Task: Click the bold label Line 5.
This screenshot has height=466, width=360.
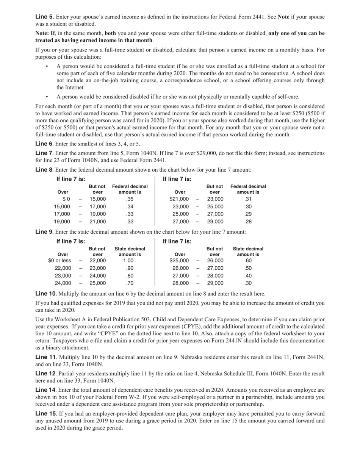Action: tap(44, 17)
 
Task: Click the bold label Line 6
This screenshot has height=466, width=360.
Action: tap(44, 144)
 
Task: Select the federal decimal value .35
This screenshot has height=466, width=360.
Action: tap(130, 199)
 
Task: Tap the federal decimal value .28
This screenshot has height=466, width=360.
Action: tap(248, 222)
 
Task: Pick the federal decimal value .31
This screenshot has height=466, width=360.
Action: tap(248, 199)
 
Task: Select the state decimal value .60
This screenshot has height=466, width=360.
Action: tap(248, 261)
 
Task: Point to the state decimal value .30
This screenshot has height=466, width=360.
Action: tap(248, 283)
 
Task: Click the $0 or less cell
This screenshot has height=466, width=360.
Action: tap(59, 261)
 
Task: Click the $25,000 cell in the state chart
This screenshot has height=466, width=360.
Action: tap(179, 261)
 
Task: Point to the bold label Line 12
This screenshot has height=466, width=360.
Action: tap(45, 374)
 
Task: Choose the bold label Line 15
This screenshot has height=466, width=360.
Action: tap(45, 414)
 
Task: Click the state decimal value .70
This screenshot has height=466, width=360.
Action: tap(130, 283)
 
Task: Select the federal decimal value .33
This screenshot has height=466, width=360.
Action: tap(130, 214)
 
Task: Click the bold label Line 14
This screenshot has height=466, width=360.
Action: tap(45, 390)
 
